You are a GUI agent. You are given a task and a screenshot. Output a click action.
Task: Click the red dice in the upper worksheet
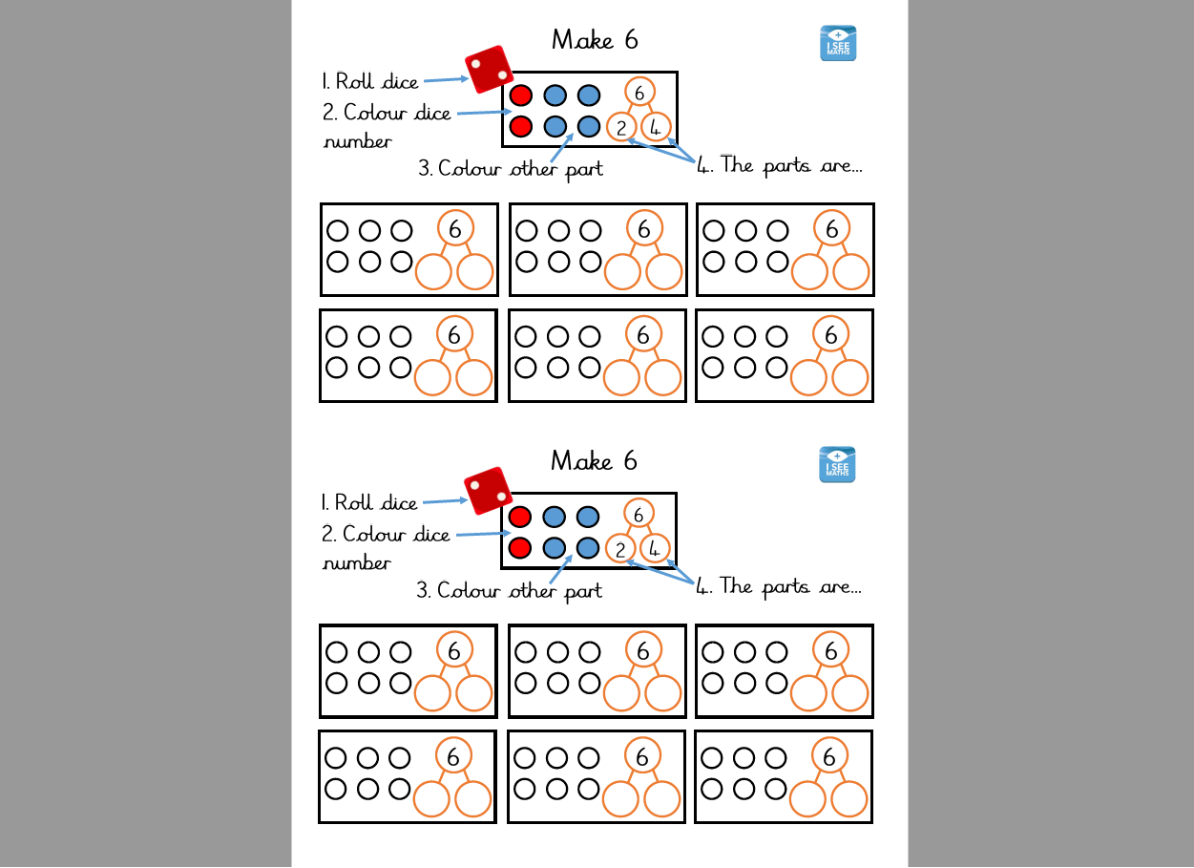(489, 70)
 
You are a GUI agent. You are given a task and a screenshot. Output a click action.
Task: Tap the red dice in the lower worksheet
(488, 491)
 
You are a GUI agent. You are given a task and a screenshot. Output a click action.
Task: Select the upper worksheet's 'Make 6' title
(595, 40)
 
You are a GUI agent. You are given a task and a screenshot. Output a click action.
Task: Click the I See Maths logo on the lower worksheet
(837, 465)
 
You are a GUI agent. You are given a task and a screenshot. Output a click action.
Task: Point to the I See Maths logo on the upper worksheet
(838, 44)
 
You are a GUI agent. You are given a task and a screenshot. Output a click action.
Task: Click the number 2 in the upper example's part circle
(621, 127)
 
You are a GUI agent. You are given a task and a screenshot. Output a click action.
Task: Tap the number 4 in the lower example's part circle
(654, 548)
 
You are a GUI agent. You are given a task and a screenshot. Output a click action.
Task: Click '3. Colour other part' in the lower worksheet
(509, 590)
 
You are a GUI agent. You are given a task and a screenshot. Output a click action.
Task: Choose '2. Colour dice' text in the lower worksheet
(387, 534)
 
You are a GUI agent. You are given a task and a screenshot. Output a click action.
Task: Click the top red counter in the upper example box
(520, 95)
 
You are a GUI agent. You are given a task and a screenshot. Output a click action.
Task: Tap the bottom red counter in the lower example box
(519, 547)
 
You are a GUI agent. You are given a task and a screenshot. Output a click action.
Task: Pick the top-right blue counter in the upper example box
(589, 95)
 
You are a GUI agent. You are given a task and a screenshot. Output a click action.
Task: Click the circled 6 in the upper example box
(640, 92)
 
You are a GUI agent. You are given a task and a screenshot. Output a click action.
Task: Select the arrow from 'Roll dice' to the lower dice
(443, 500)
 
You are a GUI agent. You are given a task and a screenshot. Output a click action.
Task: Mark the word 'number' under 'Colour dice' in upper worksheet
(357, 141)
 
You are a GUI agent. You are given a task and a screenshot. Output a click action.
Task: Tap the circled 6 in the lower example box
(639, 513)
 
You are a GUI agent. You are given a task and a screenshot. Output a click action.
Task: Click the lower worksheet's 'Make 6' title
(594, 461)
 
